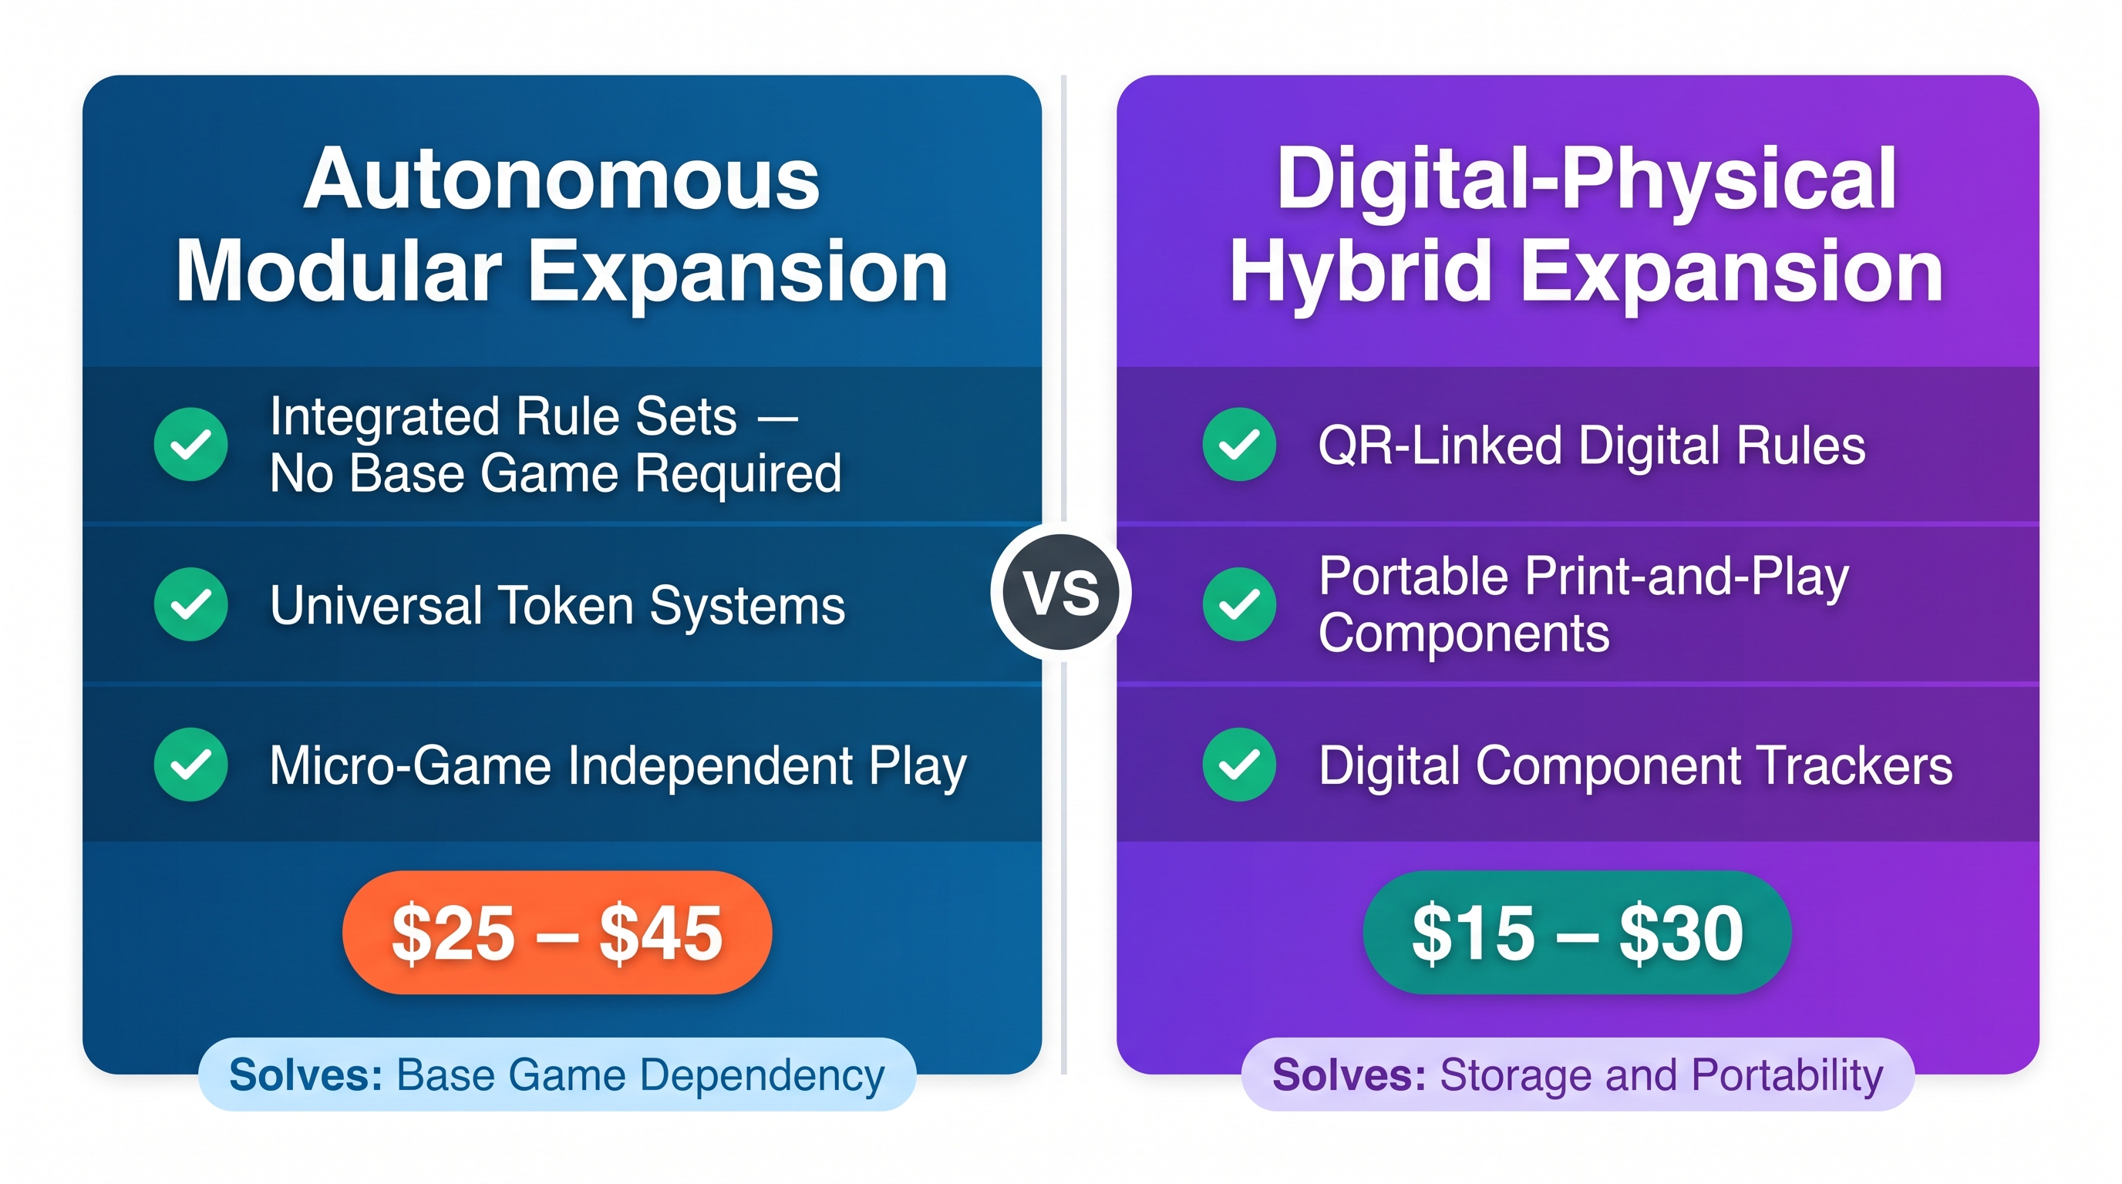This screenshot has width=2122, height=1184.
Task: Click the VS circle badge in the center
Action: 1061,592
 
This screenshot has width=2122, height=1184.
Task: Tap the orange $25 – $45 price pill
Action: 557,932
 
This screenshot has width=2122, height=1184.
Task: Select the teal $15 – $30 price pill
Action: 1578,932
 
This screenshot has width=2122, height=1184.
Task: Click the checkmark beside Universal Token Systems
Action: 191,604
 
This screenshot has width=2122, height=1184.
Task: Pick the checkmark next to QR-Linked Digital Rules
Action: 1240,445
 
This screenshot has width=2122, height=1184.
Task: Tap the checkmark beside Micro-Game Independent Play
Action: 191,765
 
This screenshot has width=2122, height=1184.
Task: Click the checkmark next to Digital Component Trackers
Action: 1240,765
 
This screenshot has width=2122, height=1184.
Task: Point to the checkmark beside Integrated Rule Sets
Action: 191,445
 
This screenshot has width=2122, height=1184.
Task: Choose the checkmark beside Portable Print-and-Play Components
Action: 1240,604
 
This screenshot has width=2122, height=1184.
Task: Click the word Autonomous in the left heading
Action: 562,179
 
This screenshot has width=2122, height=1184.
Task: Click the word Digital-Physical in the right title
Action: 1587,179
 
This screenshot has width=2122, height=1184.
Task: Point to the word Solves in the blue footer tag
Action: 305,1075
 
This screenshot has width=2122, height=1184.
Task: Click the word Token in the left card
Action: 568,605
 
